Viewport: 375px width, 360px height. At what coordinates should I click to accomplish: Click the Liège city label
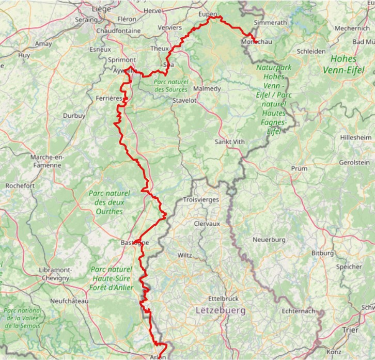(101, 9)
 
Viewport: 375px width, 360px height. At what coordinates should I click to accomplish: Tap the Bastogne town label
(134, 242)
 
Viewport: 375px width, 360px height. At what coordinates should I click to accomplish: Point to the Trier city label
(350, 330)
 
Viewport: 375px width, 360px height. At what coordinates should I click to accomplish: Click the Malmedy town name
(207, 89)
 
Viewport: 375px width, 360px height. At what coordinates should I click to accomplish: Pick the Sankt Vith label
(229, 142)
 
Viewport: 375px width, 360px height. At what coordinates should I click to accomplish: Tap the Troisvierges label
(201, 199)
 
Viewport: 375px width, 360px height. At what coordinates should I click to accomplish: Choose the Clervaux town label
(207, 224)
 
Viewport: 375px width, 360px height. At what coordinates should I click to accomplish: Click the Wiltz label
(184, 255)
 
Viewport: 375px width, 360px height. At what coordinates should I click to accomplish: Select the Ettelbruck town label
(222, 299)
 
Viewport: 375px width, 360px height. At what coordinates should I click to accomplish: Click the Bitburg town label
(323, 253)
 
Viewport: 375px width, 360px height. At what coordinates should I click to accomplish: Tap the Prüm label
(299, 168)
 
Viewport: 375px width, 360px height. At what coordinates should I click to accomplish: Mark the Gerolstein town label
(354, 162)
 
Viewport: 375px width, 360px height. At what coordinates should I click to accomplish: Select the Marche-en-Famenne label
(46, 161)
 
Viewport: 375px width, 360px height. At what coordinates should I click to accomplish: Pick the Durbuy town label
(74, 116)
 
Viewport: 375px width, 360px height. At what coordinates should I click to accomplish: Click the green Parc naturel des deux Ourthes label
(109, 202)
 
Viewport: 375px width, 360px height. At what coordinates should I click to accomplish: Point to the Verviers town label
(170, 27)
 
